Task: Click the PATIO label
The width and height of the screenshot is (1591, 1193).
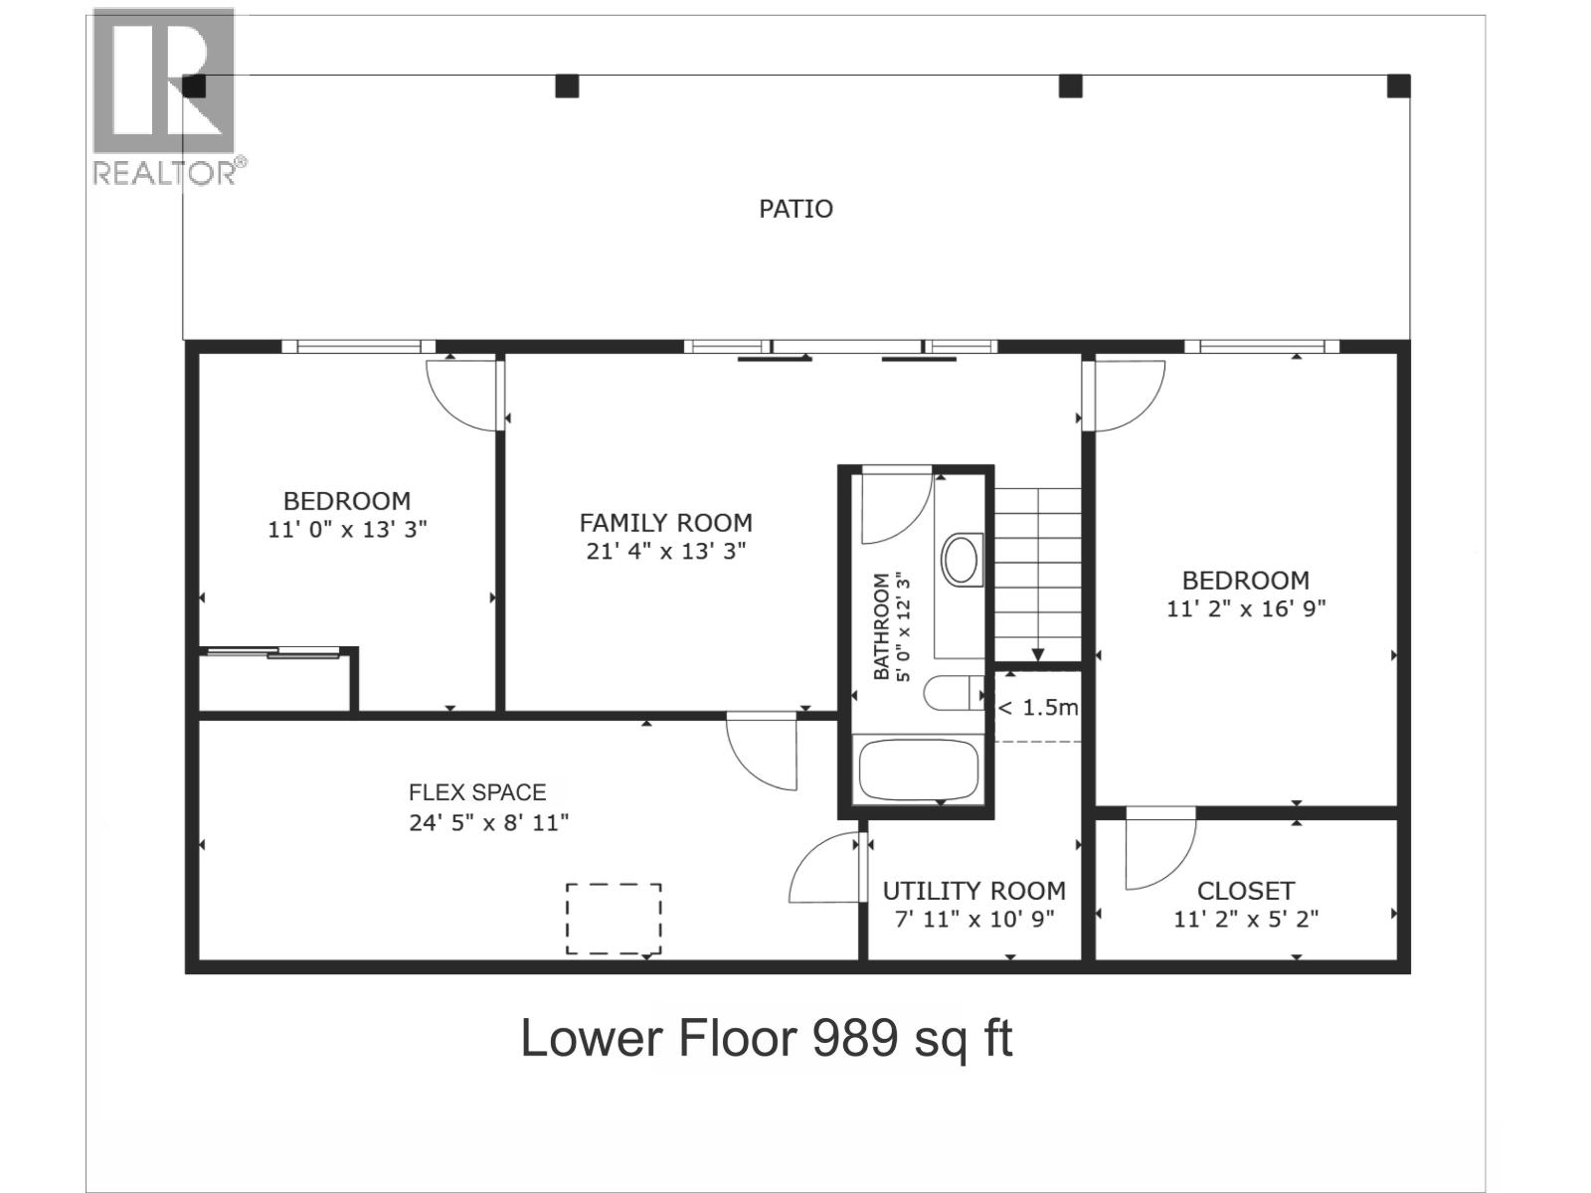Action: [x=795, y=209]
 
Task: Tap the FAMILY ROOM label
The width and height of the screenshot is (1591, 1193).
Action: [x=665, y=522]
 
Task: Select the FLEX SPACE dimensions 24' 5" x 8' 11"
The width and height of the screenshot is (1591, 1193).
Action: [x=488, y=823]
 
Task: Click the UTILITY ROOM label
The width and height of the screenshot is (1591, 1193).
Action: [x=973, y=890]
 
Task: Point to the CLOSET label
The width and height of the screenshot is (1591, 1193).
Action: [x=1245, y=890]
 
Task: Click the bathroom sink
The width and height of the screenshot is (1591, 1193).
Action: [x=962, y=559]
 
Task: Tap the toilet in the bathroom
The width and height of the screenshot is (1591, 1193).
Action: [x=954, y=693]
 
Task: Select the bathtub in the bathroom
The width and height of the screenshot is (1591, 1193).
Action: [x=919, y=769]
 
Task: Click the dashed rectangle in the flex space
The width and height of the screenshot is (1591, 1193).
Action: [x=614, y=919]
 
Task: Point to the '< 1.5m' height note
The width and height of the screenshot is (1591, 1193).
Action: [x=1037, y=707]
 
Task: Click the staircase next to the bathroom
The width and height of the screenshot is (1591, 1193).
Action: [x=1037, y=575]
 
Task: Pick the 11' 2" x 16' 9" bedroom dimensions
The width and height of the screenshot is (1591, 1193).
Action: [x=1245, y=608]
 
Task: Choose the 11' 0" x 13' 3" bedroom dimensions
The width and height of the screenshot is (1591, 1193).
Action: [x=347, y=530]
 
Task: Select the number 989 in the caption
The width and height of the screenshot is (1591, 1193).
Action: [x=854, y=1038]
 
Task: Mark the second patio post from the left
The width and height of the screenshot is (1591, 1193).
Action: [x=567, y=86]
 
